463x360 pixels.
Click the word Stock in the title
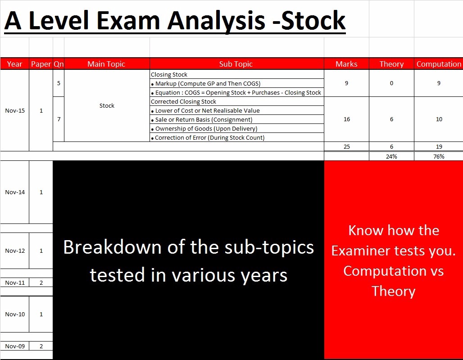(x=313, y=20)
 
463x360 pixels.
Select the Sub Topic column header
(x=236, y=64)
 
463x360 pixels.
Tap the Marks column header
(x=346, y=64)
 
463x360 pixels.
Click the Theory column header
(x=391, y=64)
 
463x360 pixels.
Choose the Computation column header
(x=439, y=64)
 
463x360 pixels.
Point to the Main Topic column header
(x=106, y=64)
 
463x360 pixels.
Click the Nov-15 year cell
(x=15, y=110)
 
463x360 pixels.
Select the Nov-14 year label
(x=15, y=192)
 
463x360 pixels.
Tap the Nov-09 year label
(x=15, y=346)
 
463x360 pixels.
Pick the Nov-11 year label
(x=15, y=283)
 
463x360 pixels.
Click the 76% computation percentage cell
(x=439, y=156)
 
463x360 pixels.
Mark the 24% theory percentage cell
(x=391, y=156)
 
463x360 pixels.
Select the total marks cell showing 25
(x=347, y=146)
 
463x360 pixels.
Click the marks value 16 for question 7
(x=347, y=119)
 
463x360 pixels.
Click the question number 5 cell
(x=59, y=83)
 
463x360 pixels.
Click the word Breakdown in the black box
(x=112, y=247)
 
